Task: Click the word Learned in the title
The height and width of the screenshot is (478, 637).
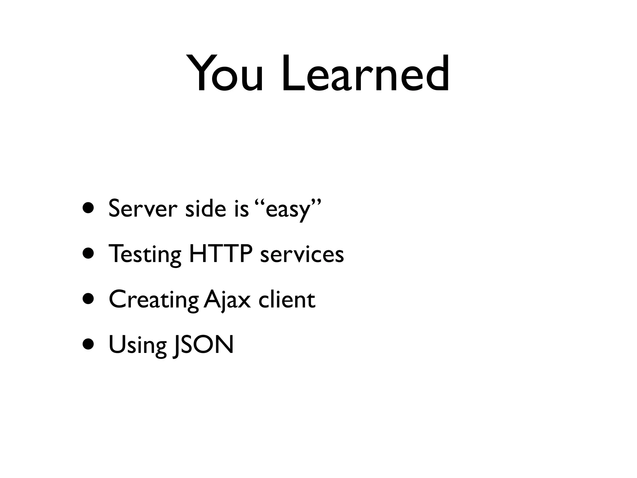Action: pos(365,74)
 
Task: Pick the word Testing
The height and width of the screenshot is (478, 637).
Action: pos(145,254)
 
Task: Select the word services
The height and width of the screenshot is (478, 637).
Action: pos(302,254)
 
